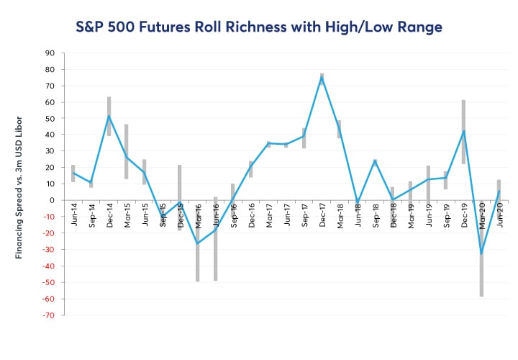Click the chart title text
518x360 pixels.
pos(259,27)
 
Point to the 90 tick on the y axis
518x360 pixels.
pos(50,53)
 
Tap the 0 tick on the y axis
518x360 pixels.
pos(53,200)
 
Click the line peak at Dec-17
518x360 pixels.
pos(322,78)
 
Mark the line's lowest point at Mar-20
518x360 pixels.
pos(481,253)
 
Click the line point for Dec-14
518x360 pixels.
pos(109,116)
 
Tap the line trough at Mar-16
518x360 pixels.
pos(197,243)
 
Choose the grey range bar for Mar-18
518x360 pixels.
pos(339,129)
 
